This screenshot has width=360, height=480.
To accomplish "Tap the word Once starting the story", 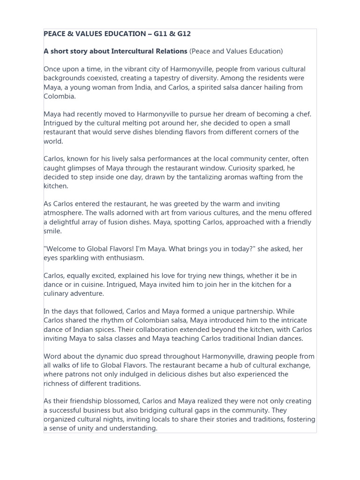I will click(52, 69).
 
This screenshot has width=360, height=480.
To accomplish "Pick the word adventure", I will click(93, 293).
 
